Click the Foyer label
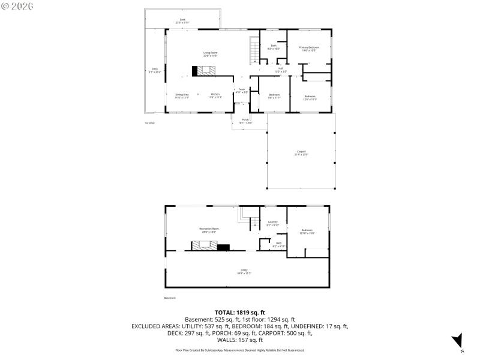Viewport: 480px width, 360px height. [241, 91]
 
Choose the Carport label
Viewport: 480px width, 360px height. [301, 152]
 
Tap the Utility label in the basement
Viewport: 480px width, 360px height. [244, 271]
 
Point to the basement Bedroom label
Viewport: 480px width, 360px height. [307, 232]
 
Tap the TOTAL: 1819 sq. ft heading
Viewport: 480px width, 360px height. [239, 313]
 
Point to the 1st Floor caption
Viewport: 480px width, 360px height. [149, 123]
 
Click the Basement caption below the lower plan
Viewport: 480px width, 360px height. [170, 298]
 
